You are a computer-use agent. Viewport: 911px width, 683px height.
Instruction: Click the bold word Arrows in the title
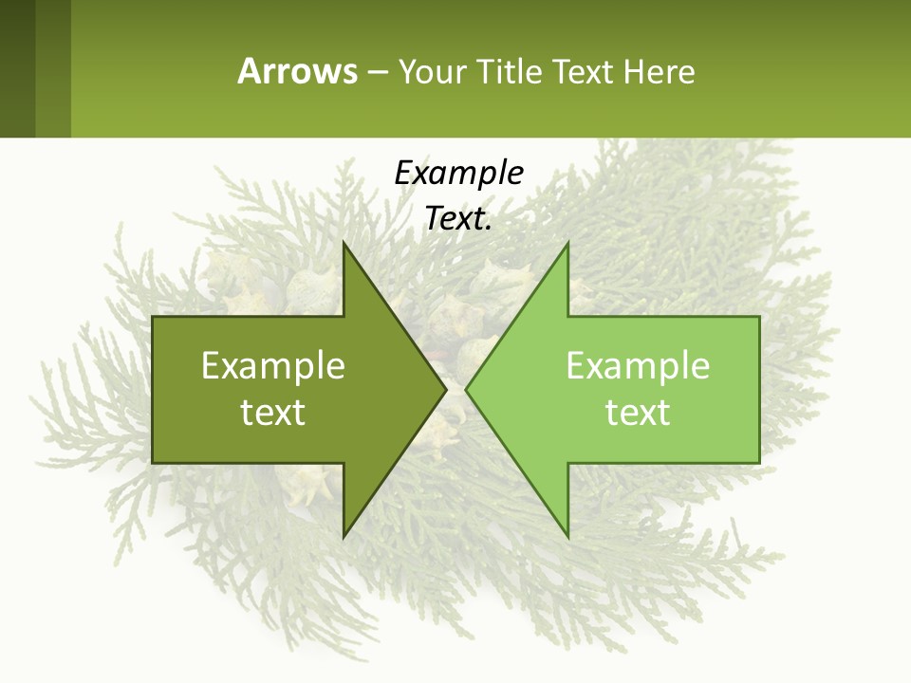(x=297, y=71)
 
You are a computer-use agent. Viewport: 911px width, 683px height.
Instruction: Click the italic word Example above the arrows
(x=458, y=173)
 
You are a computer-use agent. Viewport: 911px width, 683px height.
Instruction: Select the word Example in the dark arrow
(x=273, y=366)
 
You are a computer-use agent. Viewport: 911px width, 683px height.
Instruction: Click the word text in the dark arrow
(x=273, y=412)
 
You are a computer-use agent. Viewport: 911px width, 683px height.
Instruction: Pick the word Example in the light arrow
(x=638, y=366)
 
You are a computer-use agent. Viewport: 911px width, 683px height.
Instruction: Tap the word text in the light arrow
(x=638, y=412)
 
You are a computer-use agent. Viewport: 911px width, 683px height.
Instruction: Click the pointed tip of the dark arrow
(x=445, y=389)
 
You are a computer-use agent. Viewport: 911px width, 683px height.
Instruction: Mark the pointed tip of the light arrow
(x=466, y=389)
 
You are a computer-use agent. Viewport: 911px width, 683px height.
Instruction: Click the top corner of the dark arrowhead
(x=344, y=244)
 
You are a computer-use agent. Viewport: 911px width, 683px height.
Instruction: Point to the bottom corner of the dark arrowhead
(x=344, y=536)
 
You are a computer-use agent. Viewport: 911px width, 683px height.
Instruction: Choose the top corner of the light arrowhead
(x=567, y=244)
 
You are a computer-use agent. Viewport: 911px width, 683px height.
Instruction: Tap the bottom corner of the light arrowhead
(x=567, y=536)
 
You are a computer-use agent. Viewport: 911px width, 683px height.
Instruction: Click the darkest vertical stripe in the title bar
(x=17, y=68)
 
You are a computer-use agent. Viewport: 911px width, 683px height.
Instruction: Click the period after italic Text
(x=489, y=227)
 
